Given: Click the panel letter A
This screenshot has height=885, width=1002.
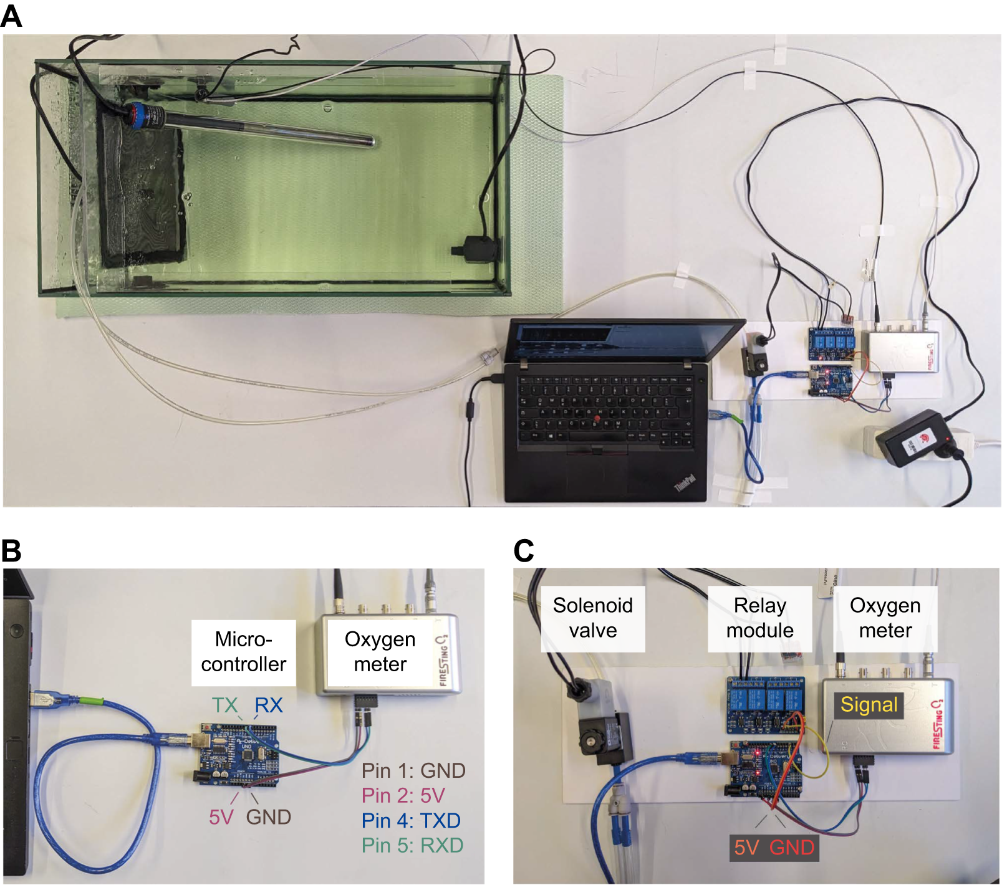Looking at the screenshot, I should pos(11,16).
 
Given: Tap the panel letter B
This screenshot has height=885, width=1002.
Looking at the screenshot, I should pos(11,551).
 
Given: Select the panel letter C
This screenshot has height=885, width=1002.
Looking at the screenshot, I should pos(524,551).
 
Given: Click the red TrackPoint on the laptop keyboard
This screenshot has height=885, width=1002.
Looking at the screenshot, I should pos(598,417).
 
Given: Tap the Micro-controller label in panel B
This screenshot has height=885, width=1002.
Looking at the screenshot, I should pos(243,652).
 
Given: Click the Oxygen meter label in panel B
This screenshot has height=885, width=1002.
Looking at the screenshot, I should pos(380,652).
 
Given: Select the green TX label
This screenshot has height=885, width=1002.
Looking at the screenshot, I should pos(224,705).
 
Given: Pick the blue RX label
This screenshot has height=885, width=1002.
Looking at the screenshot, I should pos(269,705).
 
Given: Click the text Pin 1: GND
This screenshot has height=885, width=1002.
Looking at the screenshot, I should pos(413,771).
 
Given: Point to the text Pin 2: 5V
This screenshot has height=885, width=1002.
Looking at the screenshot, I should pos(403,796).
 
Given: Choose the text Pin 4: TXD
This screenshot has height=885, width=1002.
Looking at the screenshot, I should pos(411,821).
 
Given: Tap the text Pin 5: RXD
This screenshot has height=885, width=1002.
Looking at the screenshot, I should pos(413,846).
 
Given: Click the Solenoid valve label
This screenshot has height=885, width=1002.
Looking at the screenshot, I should pos(592,618).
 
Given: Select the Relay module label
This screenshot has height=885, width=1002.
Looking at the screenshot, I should pos(759,618).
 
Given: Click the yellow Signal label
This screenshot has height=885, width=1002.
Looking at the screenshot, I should pos(869,705).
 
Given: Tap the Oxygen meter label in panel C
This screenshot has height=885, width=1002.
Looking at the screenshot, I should pos(885,618).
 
